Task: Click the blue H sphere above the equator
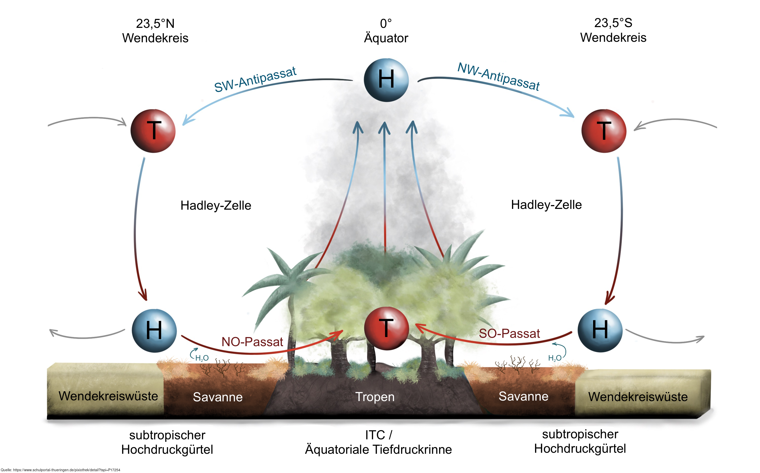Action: coord(386,80)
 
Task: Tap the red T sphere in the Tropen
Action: coord(386,328)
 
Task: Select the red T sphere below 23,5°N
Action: coord(153,131)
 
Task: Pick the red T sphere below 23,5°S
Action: coord(603,131)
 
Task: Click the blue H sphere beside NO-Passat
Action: coord(154,331)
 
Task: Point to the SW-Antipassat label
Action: coord(255,80)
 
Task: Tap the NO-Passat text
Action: coord(252,342)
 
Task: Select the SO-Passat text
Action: coord(509,333)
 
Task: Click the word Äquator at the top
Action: coord(386,38)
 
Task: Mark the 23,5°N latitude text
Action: coord(155,24)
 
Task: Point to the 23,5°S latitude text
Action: coord(613,23)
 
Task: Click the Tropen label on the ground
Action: coord(375,397)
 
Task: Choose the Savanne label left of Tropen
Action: coord(218,397)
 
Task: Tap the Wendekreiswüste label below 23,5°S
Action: coord(638,397)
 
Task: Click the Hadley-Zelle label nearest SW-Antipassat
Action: coord(216,206)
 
